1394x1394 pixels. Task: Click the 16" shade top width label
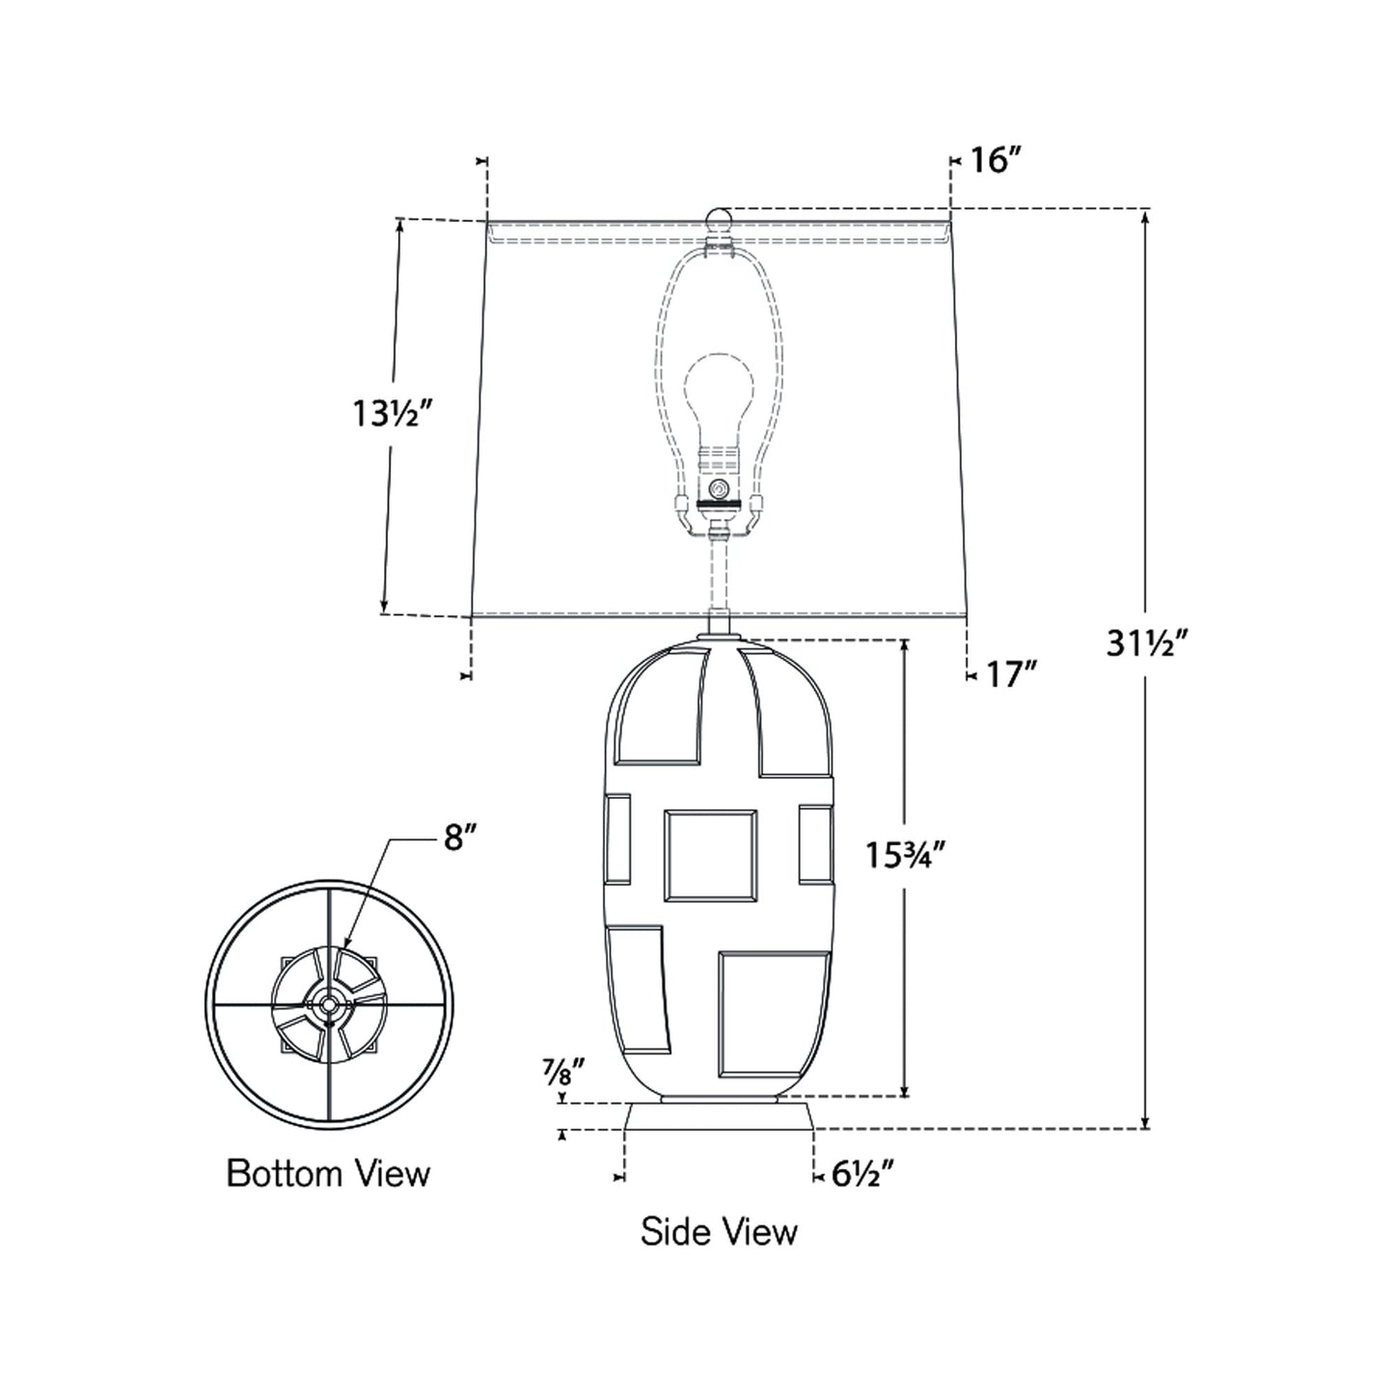pyautogui.click(x=997, y=160)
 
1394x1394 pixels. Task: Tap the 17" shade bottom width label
pyautogui.click(x=1011, y=674)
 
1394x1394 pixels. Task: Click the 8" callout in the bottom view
pyautogui.click(x=461, y=837)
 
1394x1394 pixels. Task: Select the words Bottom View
pyautogui.click(x=328, y=1174)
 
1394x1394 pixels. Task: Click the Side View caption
pyautogui.click(x=719, y=1232)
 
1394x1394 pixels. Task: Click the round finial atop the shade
pyautogui.click(x=719, y=217)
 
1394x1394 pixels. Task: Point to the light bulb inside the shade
pyautogui.click(x=718, y=396)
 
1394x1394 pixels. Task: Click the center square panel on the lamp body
pyautogui.click(x=710, y=856)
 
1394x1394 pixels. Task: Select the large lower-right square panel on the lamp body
pyautogui.click(x=774, y=1013)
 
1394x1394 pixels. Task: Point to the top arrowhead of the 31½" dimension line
pyautogui.click(x=1145, y=215)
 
